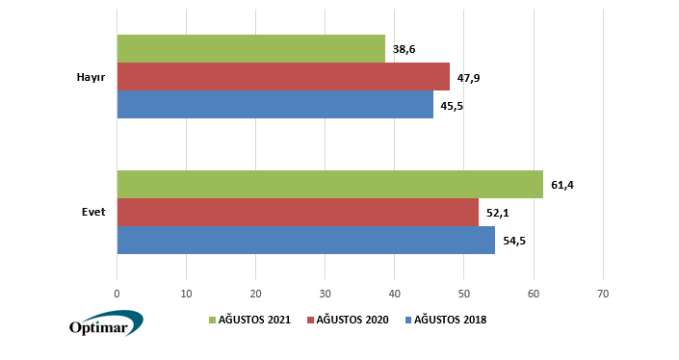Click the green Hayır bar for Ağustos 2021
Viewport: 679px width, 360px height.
point(250,49)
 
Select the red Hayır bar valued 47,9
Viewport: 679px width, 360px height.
point(283,77)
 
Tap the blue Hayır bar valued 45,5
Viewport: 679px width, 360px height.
point(274,105)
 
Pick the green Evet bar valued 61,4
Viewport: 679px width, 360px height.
point(329,185)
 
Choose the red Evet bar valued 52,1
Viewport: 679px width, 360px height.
point(298,213)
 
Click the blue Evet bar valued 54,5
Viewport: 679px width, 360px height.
point(305,241)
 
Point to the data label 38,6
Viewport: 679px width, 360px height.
point(405,49)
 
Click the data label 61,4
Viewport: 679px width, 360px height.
point(562,185)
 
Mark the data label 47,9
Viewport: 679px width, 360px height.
point(469,77)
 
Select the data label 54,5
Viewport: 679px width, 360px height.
point(514,241)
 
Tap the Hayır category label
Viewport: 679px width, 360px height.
point(91,77)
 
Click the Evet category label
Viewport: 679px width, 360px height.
point(93,213)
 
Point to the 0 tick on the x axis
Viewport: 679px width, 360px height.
point(117,294)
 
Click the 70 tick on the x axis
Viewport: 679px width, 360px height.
point(603,294)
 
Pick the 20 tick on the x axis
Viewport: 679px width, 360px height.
point(255,294)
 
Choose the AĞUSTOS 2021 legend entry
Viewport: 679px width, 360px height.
point(250,320)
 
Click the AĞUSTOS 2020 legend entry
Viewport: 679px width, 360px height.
point(348,320)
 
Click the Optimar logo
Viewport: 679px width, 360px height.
point(105,324)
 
